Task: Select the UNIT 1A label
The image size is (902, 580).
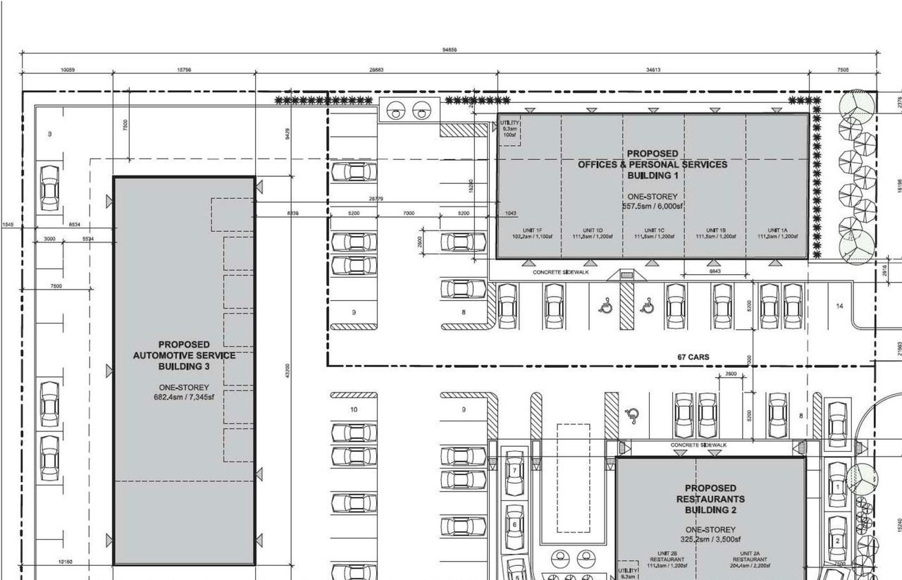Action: click(x=777, y=230)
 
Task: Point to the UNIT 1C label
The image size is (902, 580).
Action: click(x=653, y=230)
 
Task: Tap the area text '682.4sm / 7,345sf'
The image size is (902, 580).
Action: click(x=184, y=397)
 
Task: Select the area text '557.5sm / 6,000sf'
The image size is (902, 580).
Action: click(x=653, y=206)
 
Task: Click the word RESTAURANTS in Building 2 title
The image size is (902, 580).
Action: click(x=710, y=499)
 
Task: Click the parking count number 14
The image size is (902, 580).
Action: click(x=839, y=307)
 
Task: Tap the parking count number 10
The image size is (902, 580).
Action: click(x=353, y=409)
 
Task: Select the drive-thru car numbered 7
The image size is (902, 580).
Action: click(x=515, y=470)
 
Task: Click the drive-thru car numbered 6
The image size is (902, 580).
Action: click(x=515, y=524)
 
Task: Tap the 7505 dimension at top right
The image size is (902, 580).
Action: click(x=842, y=70)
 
